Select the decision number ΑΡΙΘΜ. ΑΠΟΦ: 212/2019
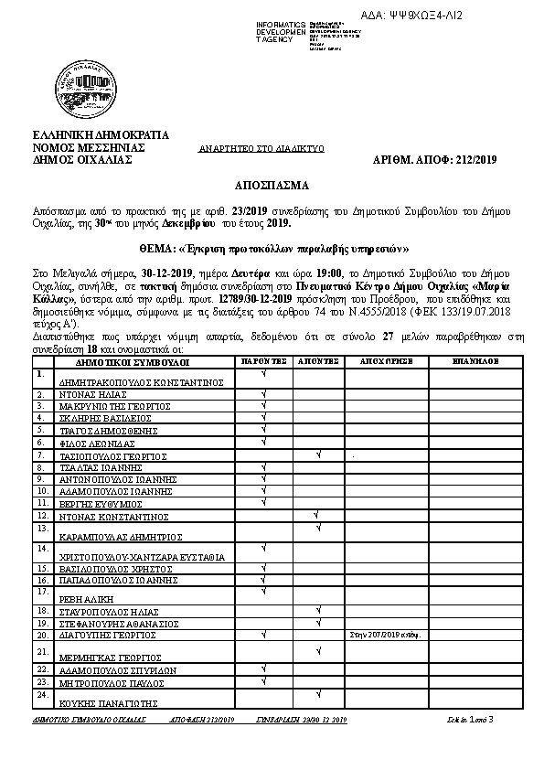[x=435, y=159]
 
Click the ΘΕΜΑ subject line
[x=273, y=249]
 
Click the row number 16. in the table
[x=41, y=579]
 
